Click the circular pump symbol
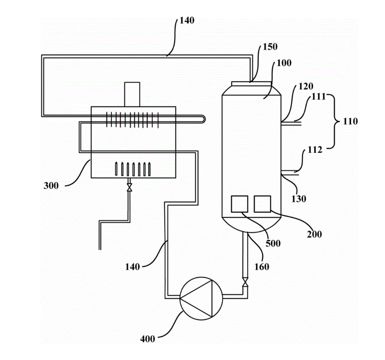(x=202, y=298)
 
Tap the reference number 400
(x=148, y=339)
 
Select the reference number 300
(x=51, y=186)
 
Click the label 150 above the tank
(x=270, y=47)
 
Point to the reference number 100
(x=284, y=63)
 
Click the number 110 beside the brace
(x=351, y=121)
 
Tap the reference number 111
(x=318, y=96)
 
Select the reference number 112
(x=315, y=149)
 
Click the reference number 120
(x=306, y=86)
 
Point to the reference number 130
(x=299, y=199)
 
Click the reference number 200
(x=314, y=234)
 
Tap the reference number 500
(x=273, y=243)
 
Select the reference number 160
(x=262, y=267)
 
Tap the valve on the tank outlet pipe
(x=245, y=282)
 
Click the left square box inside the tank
(x=239, y=204)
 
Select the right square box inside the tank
(x=262, y=204)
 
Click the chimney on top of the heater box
(x=132, y=94)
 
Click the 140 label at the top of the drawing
(x=187, y=20)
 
